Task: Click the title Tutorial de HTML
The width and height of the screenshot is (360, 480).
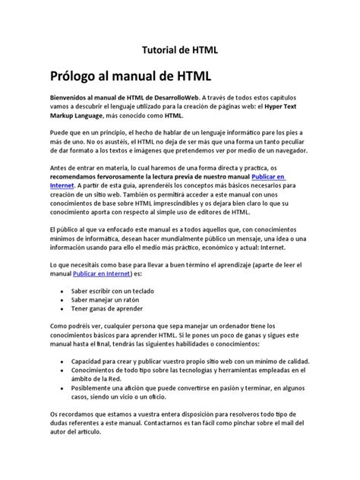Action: pyautogui.click(x=180, y=49)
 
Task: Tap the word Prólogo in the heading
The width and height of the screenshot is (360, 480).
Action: pyautogui.click(x=78, y=77)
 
